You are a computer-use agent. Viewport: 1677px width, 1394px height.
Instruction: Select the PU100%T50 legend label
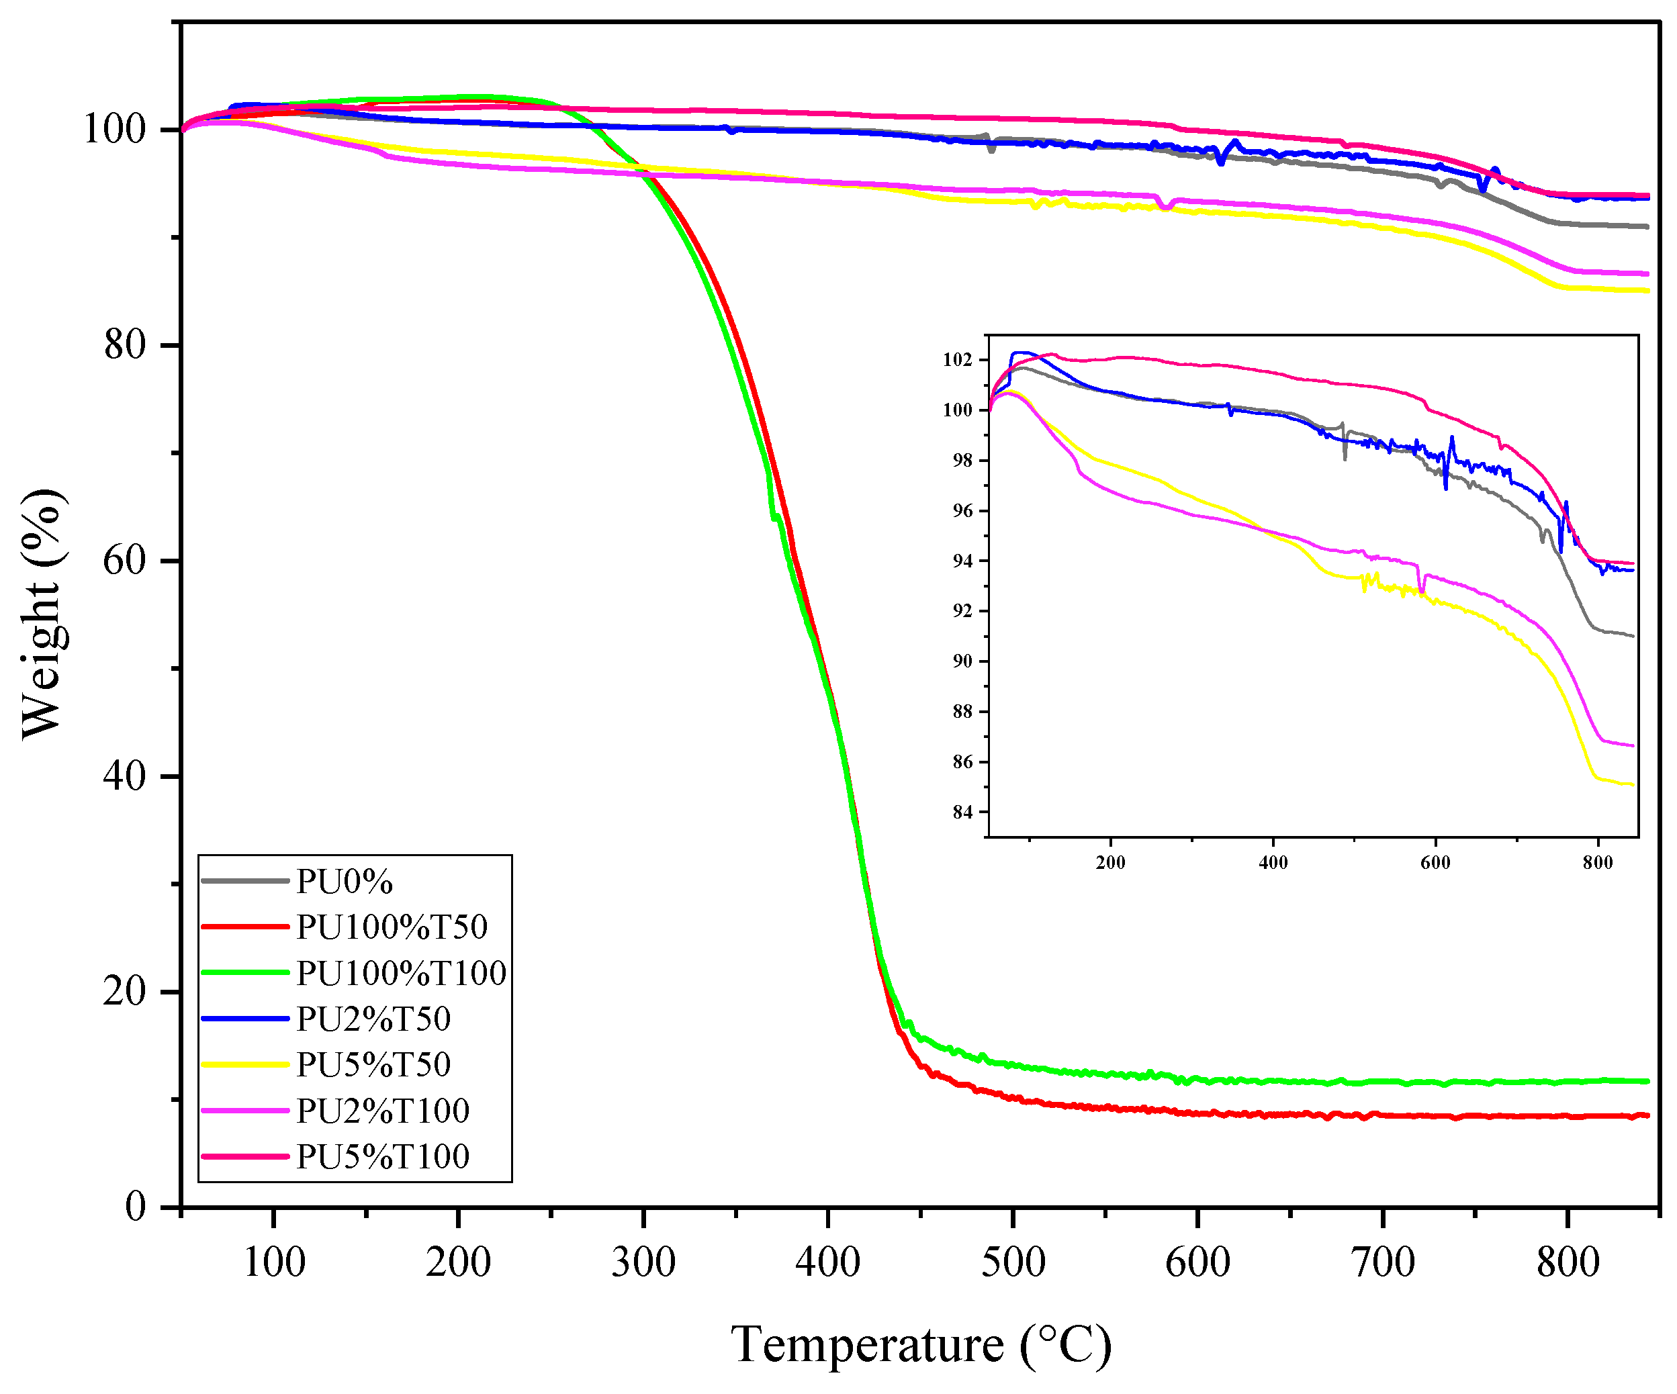(x=392, y=927)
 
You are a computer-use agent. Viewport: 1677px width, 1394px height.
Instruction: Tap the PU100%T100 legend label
(x=401, y=973)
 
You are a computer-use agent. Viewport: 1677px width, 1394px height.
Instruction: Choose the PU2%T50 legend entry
(x=373, y=1019)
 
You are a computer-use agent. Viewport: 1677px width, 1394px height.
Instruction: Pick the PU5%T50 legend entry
(x=373, y=1064)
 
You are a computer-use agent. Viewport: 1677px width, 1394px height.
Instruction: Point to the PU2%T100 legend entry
(x=383, y=1111)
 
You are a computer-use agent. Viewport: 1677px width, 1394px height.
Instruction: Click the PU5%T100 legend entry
(x=383, y=1156)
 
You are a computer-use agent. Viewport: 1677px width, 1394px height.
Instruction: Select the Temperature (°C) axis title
(x=921, y=1344)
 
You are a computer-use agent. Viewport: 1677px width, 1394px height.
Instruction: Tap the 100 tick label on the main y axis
(x=115, y=130)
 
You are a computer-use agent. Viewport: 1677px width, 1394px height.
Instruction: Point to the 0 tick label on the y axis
(x=136, y=1207)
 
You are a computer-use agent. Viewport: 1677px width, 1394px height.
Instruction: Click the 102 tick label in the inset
(x=958, y=360)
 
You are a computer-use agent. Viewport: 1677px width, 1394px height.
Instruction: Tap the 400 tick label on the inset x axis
(x=1273, y=863)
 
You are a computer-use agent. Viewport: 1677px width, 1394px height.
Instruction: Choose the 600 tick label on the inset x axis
(x=1435, y=863)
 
